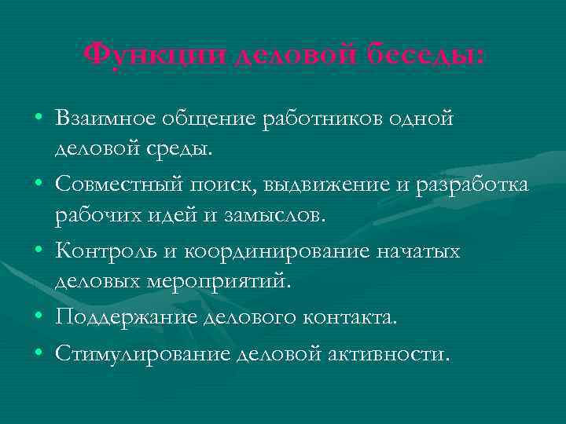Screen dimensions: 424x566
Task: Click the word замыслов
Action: click(268, 214)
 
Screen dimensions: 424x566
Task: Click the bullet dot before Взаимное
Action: click(39, 119)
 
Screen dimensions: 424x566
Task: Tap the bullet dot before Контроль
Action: click(39, 252)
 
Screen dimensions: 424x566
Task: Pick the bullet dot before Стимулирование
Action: click(39, 354)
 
